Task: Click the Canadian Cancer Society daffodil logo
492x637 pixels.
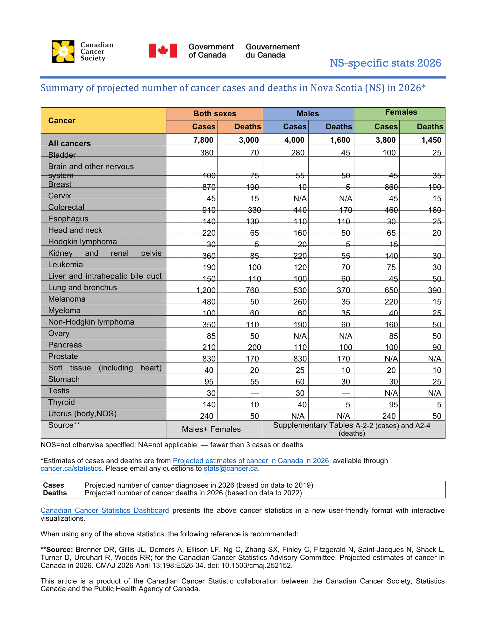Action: [63, 51]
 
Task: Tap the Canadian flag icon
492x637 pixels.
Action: [163, 51]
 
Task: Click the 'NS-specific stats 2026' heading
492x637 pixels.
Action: [385, 63]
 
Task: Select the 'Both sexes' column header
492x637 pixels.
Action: [215, 114]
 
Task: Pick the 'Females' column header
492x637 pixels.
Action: [401, 112]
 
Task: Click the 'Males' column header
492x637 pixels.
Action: [308, 114]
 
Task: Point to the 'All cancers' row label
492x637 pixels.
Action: [69, 143]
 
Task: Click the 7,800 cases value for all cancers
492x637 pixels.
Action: [204, 140]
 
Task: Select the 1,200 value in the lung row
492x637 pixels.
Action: [206, 290]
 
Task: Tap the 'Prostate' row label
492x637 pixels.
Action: [63, 356]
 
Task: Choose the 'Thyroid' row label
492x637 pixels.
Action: [61, 402]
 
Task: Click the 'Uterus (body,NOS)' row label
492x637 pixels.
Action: [82, 413]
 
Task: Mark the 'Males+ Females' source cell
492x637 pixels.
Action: [211, 429]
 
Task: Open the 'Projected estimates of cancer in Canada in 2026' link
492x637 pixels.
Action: [251, 461]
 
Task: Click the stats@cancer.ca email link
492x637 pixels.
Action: [231, 469]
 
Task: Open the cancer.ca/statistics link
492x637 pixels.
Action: [71, 469]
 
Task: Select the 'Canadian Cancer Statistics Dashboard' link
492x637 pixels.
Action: [104, 510]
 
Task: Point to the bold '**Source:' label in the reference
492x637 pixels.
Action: [57, 549]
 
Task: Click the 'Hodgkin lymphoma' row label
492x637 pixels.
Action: [82, 241]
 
